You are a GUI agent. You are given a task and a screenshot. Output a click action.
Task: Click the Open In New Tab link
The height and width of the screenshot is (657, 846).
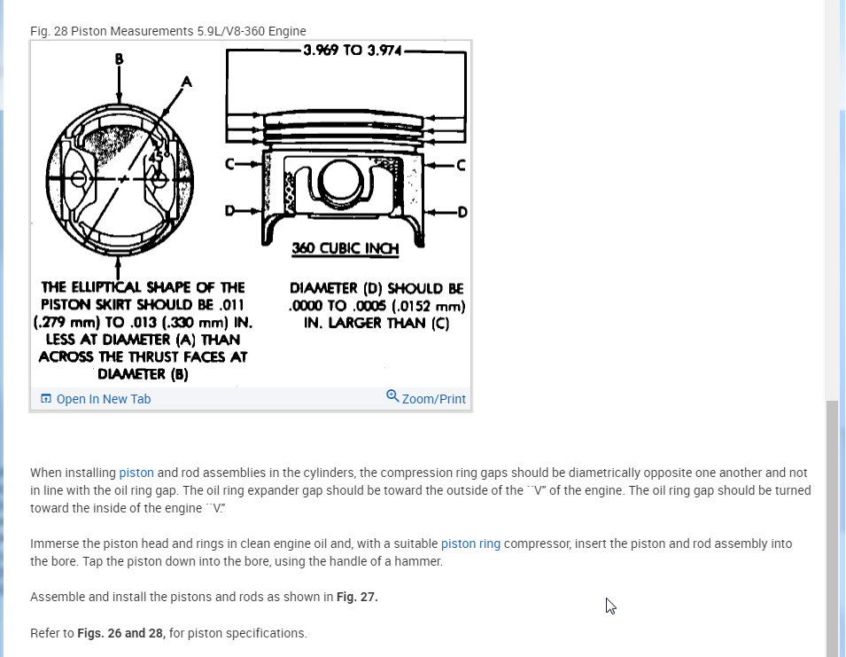103,399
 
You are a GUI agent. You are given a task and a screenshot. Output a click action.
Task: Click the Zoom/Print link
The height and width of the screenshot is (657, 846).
433,399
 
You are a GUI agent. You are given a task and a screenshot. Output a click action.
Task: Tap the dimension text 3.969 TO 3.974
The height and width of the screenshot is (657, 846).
352,51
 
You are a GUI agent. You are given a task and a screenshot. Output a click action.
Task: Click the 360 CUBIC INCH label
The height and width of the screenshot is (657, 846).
345,249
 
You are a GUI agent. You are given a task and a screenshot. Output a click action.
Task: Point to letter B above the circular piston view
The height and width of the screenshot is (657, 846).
119,59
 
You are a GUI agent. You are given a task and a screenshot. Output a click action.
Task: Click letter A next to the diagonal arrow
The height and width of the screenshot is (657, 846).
186,81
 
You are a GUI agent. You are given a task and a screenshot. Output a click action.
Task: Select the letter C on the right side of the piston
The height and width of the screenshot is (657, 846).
460,165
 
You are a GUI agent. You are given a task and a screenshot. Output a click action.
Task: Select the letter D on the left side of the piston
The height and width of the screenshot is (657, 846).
230,212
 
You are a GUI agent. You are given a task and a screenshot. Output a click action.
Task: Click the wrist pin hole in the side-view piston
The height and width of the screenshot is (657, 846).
336,180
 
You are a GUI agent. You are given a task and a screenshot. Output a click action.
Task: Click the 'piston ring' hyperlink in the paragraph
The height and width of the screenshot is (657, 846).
470,544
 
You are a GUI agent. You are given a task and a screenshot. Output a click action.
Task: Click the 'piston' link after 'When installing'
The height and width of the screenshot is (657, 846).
136,473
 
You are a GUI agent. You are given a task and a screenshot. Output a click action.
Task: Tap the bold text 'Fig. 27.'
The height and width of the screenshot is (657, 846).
357,597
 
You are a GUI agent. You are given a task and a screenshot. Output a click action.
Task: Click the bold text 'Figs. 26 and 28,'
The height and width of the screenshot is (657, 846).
121,633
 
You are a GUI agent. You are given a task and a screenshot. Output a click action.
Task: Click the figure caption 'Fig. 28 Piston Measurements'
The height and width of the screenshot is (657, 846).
167,31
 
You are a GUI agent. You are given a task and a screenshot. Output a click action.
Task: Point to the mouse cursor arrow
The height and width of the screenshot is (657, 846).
610,606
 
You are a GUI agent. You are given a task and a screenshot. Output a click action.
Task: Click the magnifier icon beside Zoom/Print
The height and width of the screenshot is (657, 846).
392,395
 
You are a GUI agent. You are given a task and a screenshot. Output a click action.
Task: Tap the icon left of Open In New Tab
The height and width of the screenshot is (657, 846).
46,399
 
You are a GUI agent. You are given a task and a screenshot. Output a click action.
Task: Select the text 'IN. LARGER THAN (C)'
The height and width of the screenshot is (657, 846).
376,324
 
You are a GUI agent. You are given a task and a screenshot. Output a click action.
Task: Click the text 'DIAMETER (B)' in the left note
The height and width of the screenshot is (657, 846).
143,374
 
